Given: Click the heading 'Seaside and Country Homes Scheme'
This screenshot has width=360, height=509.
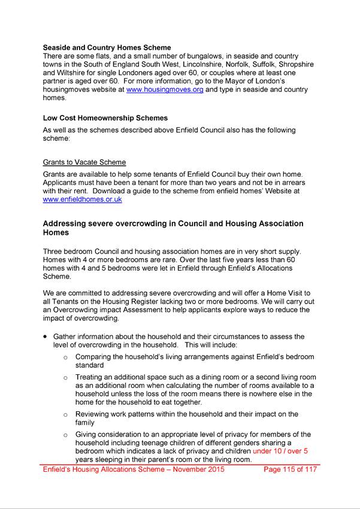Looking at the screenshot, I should point(107,47).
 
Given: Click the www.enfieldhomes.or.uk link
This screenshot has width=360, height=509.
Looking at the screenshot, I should point(82,199).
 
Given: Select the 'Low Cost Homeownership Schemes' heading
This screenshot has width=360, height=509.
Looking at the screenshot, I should point(105,118).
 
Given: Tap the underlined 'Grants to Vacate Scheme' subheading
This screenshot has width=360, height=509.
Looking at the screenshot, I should point(84,162).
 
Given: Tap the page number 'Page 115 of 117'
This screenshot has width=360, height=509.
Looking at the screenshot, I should point(291,469).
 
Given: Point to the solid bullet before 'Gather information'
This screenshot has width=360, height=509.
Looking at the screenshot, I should point(46,337).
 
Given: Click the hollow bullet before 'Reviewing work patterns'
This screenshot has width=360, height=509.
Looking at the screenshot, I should point(66,414).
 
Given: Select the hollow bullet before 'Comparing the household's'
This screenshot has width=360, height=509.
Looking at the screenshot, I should point(66,357).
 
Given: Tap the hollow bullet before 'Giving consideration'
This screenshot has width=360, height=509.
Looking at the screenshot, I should point(66,435).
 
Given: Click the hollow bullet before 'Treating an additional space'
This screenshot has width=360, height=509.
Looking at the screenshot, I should point(66,377).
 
